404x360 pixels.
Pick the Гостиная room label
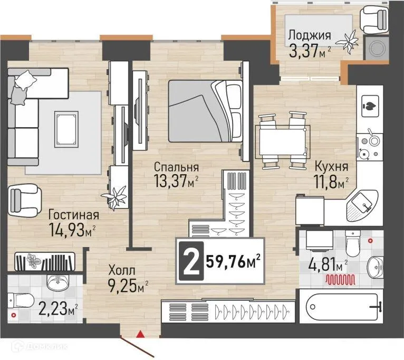pyautogui.click(x=74, y=215)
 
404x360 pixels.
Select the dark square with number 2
pyautogui.click(x=190, y=261)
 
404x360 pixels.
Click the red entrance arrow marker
pyautogui.click(x=140, y=333)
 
